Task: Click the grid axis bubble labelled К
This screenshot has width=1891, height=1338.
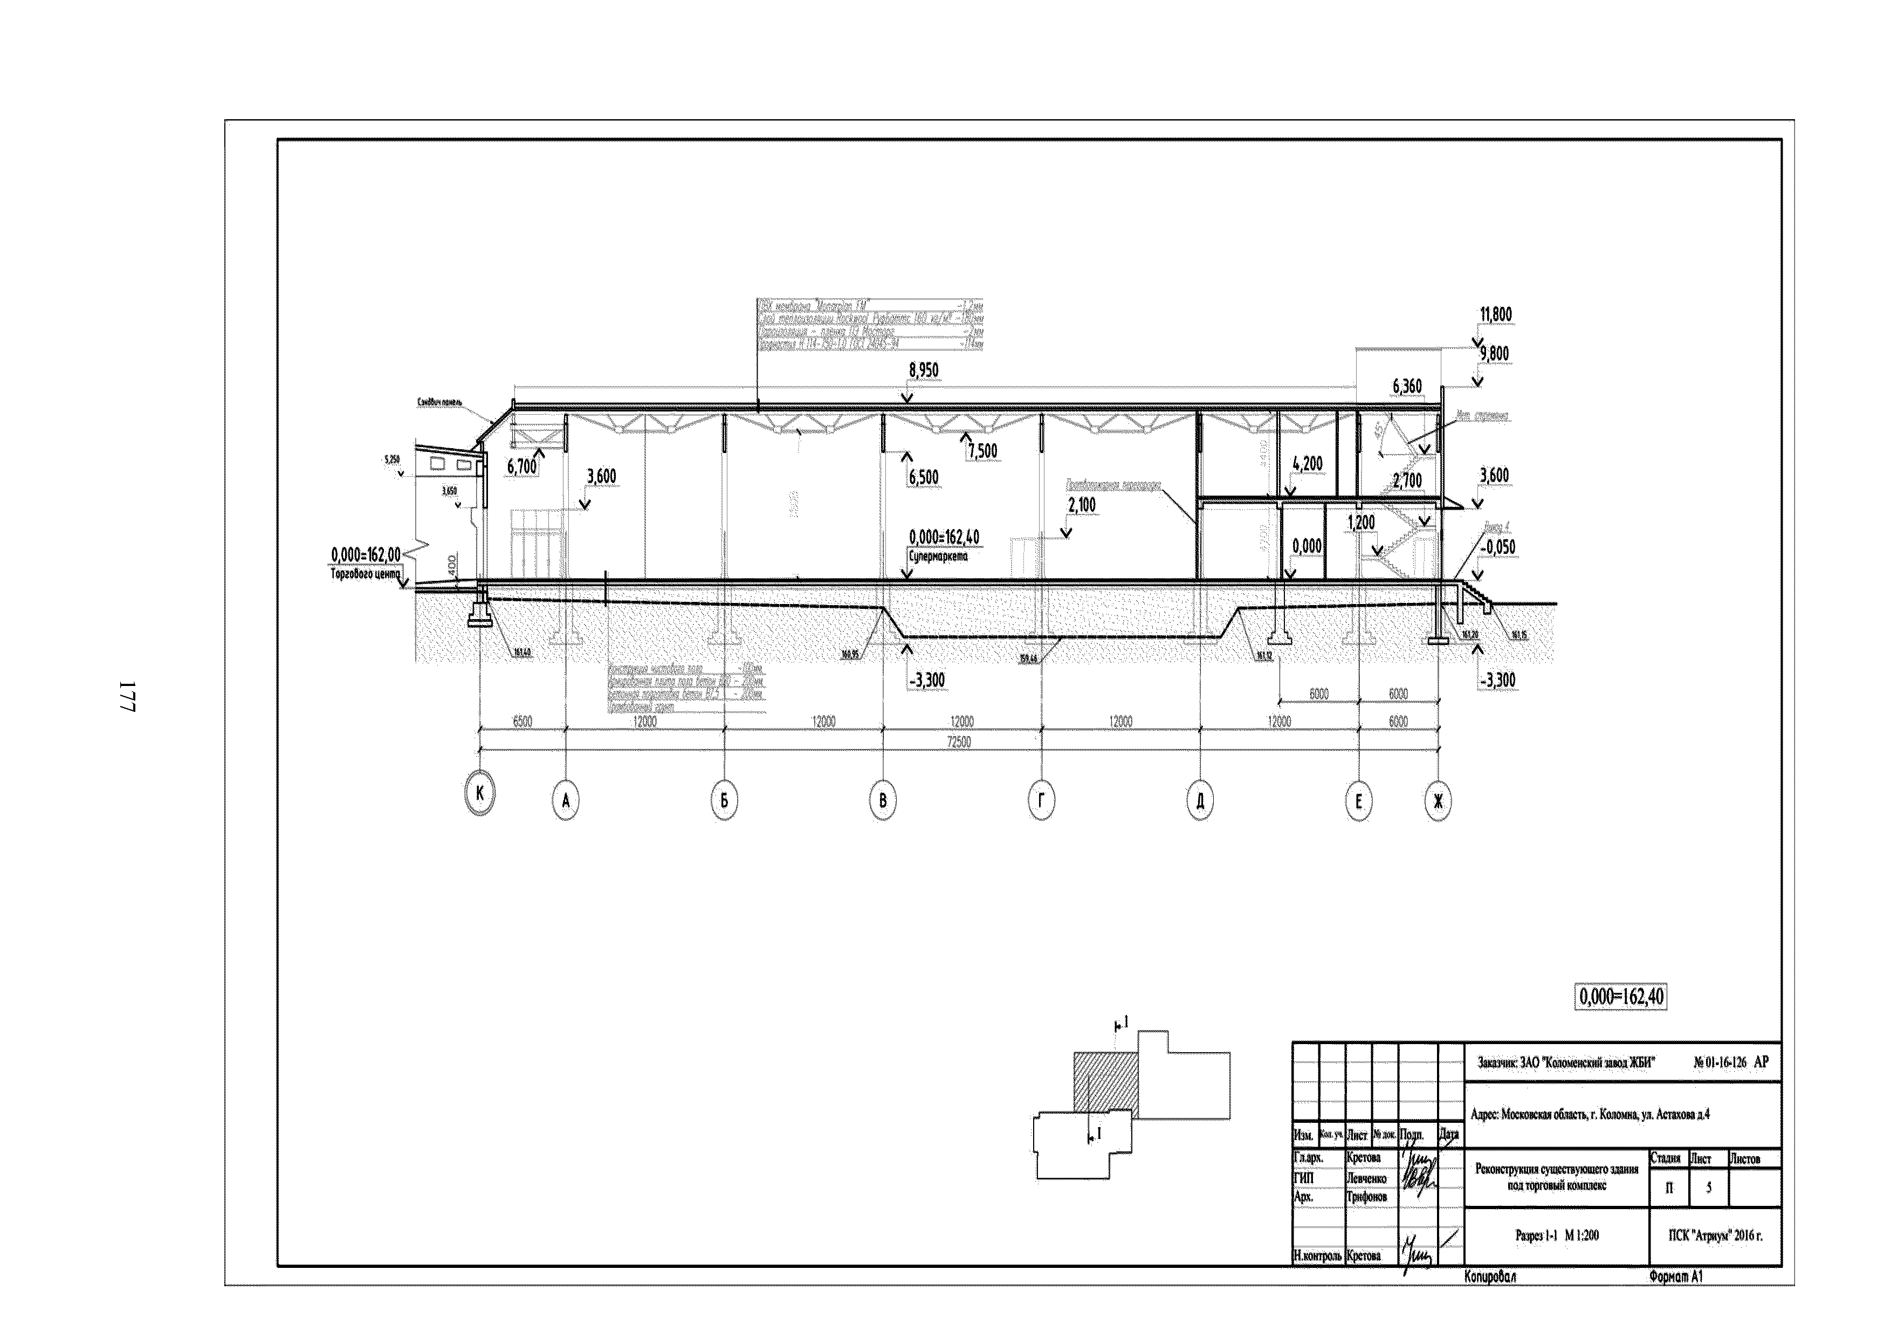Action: pos(480,793)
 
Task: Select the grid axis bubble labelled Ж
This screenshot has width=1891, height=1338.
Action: pos(1438,801)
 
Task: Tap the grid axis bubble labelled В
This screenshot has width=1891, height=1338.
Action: pos(883,800)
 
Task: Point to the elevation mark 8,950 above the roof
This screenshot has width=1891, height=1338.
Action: pos(923,370)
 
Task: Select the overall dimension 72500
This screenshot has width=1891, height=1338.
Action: pos(959,742)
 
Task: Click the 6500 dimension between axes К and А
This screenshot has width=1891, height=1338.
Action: pos(522,721)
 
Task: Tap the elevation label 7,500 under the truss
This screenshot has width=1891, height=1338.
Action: pos(982,451)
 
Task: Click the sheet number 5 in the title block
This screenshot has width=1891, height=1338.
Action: pos(1708,1187)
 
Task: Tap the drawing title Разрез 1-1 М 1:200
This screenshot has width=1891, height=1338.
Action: pos(1557,1235)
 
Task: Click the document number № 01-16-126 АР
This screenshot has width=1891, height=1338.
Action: pos(1730,1063)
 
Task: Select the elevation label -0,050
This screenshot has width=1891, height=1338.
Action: pos(1496,547)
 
